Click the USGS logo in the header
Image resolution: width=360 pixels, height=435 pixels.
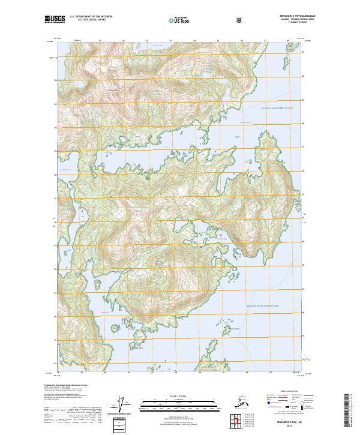(55, 19)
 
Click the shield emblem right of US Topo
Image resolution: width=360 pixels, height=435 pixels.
(207, 19)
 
